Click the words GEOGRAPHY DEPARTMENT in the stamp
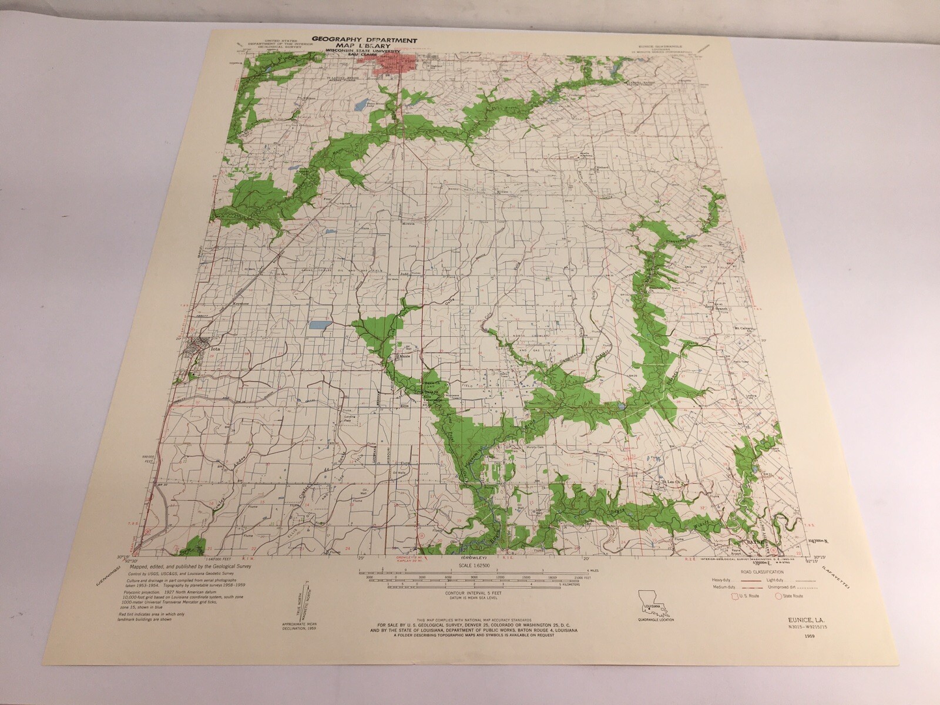364,39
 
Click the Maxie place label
405,356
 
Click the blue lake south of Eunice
359,106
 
